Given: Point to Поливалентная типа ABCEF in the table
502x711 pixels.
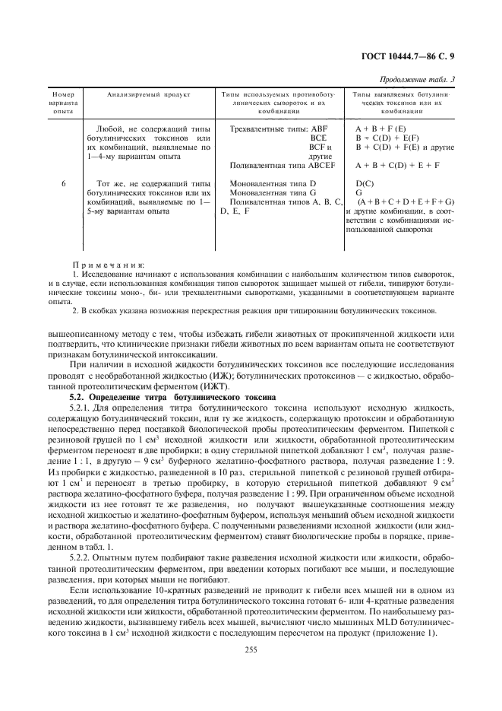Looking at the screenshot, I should (276, 165).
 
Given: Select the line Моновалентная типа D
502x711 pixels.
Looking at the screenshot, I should (272, 185).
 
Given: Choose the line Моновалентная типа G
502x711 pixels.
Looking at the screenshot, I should (272, 194).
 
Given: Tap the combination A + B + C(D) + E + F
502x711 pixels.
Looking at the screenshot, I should (397, 165).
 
